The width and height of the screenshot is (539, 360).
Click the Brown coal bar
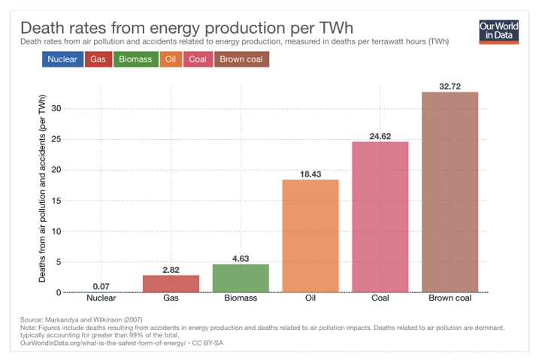pyautogui.click(x=450, y=192)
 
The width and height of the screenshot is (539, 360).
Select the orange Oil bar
pyautogui.click(x=310, y=235)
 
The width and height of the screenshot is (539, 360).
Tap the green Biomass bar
pyautogui.click(x=241, y=278)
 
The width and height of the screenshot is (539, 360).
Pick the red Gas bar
pyautogui.click(x=171, y=283)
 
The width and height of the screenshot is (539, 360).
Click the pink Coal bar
pyautogui.click(x=380, y=216)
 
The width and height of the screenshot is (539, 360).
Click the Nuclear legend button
pyautogui.click(x=62, y=59)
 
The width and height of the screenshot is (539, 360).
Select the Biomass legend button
pyautogui.click(x=135, y=59)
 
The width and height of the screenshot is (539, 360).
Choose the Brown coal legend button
pyautogui.click(x=241, y=59)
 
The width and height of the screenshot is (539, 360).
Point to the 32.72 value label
pyautogui.click(x=450, y=86)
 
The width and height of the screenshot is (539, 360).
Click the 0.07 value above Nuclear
pyautogui.click(x=101, y=286)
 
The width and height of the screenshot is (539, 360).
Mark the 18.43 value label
pyautogui.click(x=310, y=174)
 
